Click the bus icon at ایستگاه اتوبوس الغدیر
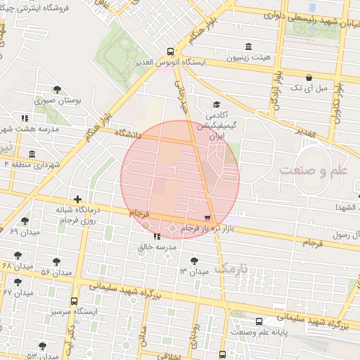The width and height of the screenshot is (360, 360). [x=170, y=51]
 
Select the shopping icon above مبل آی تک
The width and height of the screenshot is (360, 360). [x=309, y=77]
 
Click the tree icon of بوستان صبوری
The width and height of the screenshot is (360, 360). [x=57, y=89]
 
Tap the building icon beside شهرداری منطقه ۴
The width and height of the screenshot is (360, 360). [x=31, y=155]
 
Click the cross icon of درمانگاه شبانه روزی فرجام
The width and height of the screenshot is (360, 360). [x=78, y=200]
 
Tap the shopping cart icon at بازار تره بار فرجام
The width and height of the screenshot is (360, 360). [x=207, y=219]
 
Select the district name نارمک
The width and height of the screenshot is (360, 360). [x=231, y=268]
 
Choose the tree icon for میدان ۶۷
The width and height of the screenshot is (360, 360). [x=18, y=282]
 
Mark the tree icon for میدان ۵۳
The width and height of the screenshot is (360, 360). [x=42, y=346]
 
